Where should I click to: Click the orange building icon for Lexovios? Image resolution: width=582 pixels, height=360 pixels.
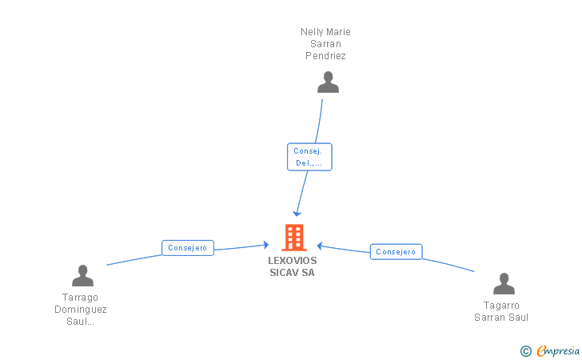tap(294, 238)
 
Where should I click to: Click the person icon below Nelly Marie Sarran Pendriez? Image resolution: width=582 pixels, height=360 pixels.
tap(328, 82)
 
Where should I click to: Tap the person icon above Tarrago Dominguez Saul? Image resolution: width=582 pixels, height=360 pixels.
tap(82, 276)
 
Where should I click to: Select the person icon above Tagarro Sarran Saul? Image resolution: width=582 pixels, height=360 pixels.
tap(504, 283)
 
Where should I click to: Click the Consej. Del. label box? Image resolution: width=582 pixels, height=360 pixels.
tap(309, 157)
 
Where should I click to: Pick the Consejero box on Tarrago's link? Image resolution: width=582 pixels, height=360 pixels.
tap(188, 248)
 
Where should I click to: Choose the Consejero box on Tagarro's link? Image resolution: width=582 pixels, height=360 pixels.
tap(396, 251)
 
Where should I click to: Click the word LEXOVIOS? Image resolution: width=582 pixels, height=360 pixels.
tap(293, 261)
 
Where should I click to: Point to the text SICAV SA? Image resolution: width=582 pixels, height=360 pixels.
tap(292, 273)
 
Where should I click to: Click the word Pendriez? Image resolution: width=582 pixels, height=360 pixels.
tap(325, 56)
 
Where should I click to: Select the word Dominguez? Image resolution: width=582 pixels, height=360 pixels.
tap(81, 310)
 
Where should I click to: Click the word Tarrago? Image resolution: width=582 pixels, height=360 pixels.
tap(80, 298)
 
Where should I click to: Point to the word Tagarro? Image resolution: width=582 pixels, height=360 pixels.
tap(501, 306)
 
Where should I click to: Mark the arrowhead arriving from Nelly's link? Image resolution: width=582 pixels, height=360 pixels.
tap(297, 214)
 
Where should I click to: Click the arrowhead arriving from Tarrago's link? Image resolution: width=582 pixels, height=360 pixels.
tap(265, 245)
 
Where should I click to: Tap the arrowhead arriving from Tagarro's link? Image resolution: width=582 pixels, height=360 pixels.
tap(320, 246)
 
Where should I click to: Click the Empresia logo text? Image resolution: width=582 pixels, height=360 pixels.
tap(558, 350)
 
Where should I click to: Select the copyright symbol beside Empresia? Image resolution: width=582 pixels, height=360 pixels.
tap(526, 351)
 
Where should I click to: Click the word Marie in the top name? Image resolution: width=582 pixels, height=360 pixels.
tap(338, 32)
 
